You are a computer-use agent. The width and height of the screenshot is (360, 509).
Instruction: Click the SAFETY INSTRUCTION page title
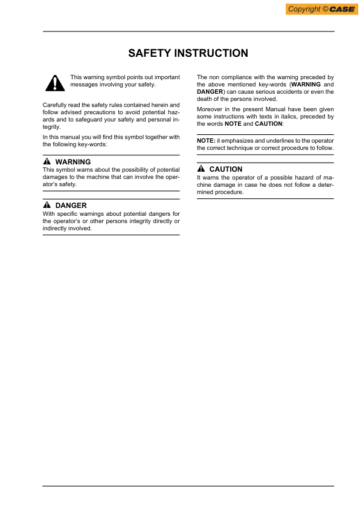[188, 53]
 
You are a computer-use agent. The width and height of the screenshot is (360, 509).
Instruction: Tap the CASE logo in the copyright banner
[342, 9]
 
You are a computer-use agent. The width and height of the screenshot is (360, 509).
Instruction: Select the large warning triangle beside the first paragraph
[54, 82]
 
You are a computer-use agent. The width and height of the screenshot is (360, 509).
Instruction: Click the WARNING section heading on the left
[72, 162]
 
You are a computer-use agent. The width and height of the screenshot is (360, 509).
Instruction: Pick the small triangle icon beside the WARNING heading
[47, 162]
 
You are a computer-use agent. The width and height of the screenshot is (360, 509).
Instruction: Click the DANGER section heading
[71, 206]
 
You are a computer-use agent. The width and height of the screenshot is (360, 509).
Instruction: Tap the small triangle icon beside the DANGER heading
[47, 206]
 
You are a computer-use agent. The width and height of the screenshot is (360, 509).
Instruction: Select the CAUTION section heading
[225, 169]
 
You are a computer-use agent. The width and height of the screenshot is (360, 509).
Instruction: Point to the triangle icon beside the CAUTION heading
[201, 169]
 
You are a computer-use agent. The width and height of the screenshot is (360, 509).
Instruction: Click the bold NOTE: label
[206, 140]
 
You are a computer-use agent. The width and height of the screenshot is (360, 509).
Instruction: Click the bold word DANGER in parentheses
[210, 92]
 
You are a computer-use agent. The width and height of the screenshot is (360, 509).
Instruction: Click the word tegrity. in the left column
[52, 128]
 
